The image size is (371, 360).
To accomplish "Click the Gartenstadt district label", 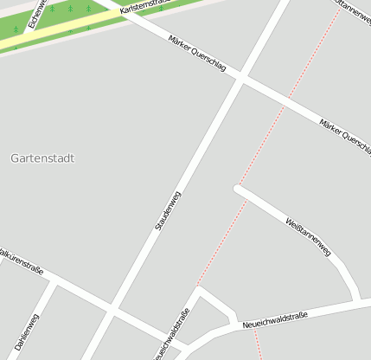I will click(42, 158).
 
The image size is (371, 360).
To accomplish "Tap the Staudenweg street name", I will click(168, 210).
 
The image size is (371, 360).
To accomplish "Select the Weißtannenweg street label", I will click(308, 234).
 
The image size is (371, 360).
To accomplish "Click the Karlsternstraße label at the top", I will click(143, 9).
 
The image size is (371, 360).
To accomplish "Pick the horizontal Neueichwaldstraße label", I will click(275, 318).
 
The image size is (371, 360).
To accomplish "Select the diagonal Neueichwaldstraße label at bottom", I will click(170, 337).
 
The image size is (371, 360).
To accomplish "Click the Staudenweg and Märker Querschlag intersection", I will click(240, 79).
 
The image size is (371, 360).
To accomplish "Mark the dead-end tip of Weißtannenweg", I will click(237, 186).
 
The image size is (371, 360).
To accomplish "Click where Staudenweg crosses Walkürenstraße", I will click(112, 308).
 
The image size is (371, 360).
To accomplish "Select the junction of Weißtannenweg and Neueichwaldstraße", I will click(356, 302).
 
